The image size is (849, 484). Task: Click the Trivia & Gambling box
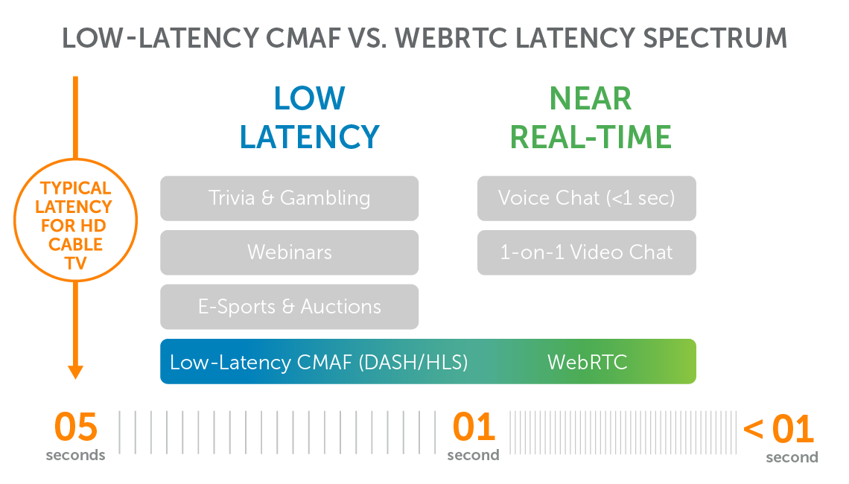click(289, 198)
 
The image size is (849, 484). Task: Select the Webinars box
click(289, 252)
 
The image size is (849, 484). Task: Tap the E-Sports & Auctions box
click(289, 307)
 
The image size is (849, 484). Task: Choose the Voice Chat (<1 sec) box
click(586, 198)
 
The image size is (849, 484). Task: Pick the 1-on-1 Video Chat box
click(586, 252)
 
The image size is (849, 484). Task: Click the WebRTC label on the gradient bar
click(587, 363)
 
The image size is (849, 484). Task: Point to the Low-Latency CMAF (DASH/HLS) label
click(319, 363)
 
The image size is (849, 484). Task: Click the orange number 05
click(76, 428)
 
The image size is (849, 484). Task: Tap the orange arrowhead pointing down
click(75, 371)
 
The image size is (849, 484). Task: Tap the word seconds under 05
click(76, 455)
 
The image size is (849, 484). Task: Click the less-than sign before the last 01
click(753, 429)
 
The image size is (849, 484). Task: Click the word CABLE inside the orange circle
click(76, 244)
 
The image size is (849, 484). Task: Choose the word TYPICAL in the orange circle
click(76, 188)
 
